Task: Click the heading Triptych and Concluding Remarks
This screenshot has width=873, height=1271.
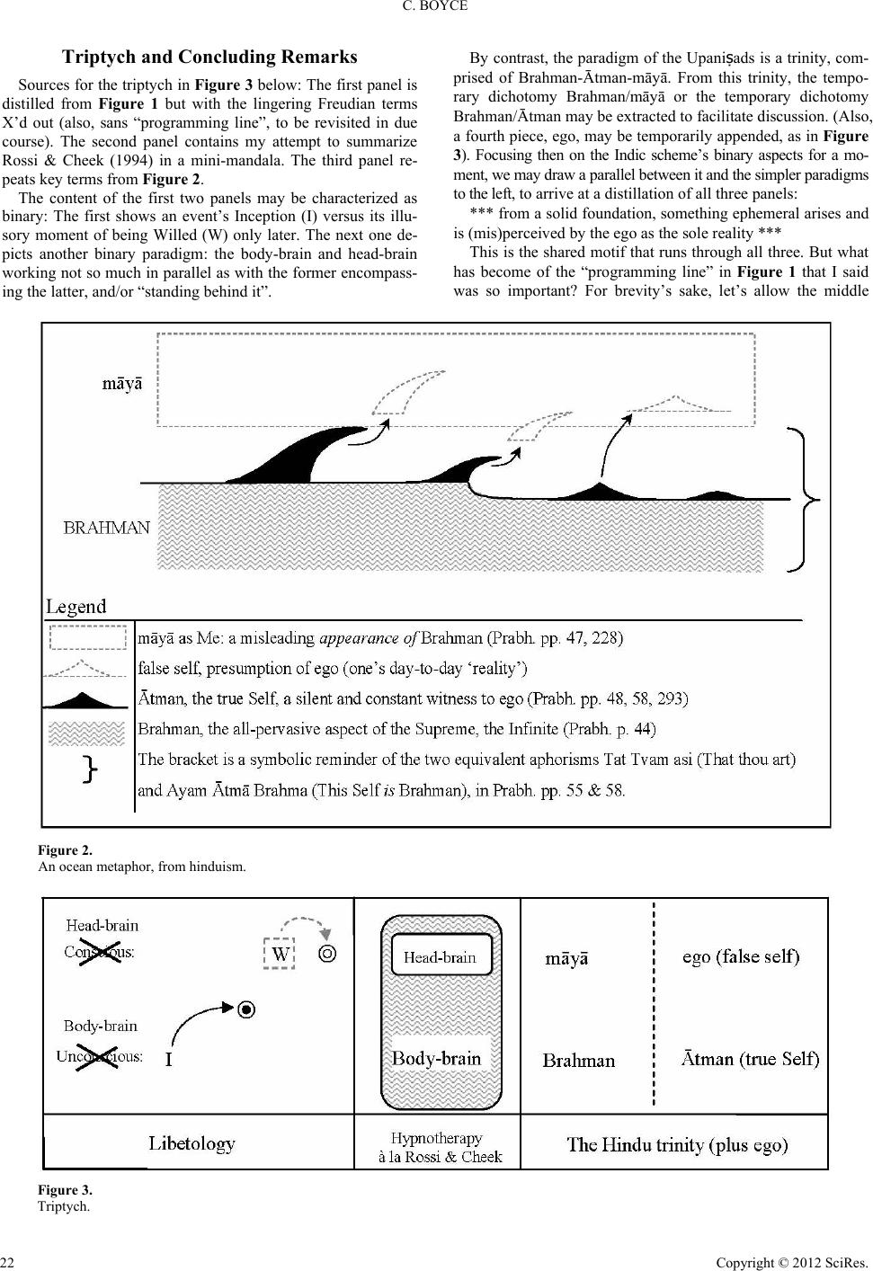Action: [x=209, y=58]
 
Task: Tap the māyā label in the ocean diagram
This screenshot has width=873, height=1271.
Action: [x=120, y=385]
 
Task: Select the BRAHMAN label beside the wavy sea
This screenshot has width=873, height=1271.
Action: [x=107, y=528]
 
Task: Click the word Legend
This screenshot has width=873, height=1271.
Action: [x=76, y=607]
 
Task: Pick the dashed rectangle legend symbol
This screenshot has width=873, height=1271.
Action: [x=86, y=637]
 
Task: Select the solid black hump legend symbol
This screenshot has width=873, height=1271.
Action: [x=85, y=699]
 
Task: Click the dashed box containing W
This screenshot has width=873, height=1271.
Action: [x=281, y=955]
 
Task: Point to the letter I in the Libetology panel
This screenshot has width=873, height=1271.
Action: [x=168, y=1062]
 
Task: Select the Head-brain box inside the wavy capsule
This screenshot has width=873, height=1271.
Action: [x=441, y=956]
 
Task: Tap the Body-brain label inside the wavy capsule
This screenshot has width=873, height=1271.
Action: [x=437, y=1058]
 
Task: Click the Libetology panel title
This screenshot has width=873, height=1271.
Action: [x=192, y=1143]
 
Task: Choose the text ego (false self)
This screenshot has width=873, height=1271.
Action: [x=741, y=956]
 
